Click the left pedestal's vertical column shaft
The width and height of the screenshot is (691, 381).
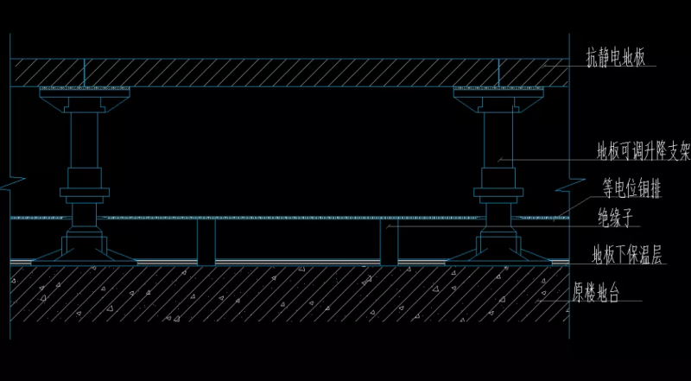[x=84, y=143]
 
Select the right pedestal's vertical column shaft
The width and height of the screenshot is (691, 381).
[x=498, y=143]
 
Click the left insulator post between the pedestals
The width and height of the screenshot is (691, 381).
[x=206, y=242]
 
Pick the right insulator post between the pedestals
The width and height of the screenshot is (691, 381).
[x=390, y=242]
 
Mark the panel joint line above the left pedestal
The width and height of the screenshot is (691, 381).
[x=84, y=72]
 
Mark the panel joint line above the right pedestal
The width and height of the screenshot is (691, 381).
[x=498, y=72]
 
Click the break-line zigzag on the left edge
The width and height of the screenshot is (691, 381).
[x=12, y=184]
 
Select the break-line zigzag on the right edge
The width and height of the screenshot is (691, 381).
[x=568, y=184]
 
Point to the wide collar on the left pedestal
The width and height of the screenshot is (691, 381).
[x=84, y=193]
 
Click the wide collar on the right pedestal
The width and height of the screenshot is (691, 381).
[x=498, y=193]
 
